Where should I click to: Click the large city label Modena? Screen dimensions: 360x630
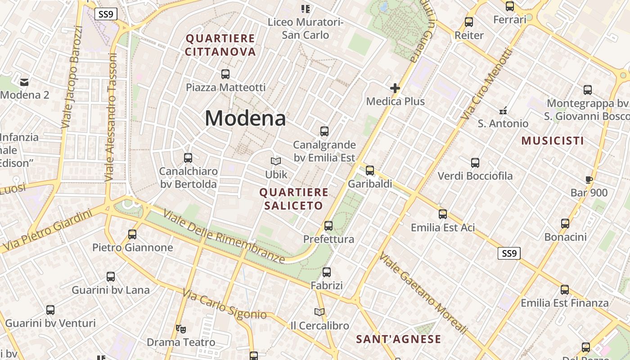pos(245,118)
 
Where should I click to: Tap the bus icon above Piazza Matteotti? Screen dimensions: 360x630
pos(225,74)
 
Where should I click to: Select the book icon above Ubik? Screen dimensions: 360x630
pos(275,161)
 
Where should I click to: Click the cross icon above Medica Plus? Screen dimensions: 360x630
pos(395,88)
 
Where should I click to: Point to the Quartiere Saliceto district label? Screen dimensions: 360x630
pos(293,199)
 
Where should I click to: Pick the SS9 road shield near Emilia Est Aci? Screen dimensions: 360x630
pos(509,253)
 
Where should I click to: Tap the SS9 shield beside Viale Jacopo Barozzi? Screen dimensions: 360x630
pos(106,14)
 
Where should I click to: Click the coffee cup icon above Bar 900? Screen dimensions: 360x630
pos(589,180)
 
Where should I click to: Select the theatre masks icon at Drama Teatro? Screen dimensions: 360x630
pos(181,329)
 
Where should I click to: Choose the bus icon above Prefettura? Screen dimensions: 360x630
pos(328,226)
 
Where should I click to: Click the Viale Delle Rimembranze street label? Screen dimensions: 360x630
pos(224,236)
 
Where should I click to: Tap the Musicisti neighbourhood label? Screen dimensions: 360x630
pos(553,141)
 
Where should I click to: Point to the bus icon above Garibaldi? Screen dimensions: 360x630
pos(370,171)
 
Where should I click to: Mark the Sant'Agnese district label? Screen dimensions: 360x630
pos(398,339)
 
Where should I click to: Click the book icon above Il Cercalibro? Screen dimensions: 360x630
pos(319,312)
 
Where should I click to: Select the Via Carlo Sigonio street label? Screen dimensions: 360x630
pos(225,304)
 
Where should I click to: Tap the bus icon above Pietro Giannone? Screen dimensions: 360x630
pos(132,234)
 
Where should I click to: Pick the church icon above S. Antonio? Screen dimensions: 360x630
pos(503,110)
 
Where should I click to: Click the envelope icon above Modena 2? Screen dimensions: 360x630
pos(24,82)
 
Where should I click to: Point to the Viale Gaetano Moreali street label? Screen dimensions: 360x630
pos(423,293)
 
